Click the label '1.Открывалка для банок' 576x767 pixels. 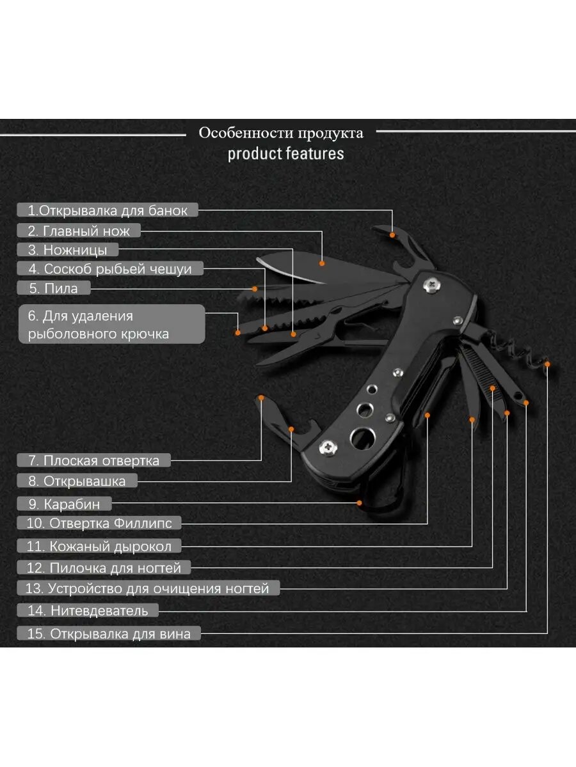pyautogui.click(x=108, y=210)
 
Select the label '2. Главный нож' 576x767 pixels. pyautogui.click(x=79, y=231)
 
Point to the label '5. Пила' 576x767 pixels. pyautogui.click(x=54, y=288)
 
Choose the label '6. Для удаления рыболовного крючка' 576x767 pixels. pyautogui.click(x=111, y=324)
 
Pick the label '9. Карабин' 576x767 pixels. pyautogui.click(x=65, y=504)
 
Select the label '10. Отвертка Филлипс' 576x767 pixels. pyautogui.click(x=99, y=523)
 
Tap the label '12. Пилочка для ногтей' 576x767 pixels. pyautogui.click(x=103, y=568)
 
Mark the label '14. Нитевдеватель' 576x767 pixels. pyautogui.click(x=88, y=610)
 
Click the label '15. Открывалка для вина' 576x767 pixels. pyautogui.click(x=109, y=634)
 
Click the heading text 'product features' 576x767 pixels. pyautogui.click(x=285, y=154)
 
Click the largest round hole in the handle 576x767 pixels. pyautogui.click(x=363, y=438)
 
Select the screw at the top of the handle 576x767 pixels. pyautogui.click(x=434, y=283)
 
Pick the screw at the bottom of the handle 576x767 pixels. pyautogui.click(x=329, y=449)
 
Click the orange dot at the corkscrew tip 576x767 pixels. pyautogui.click(x=548, y=364)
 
